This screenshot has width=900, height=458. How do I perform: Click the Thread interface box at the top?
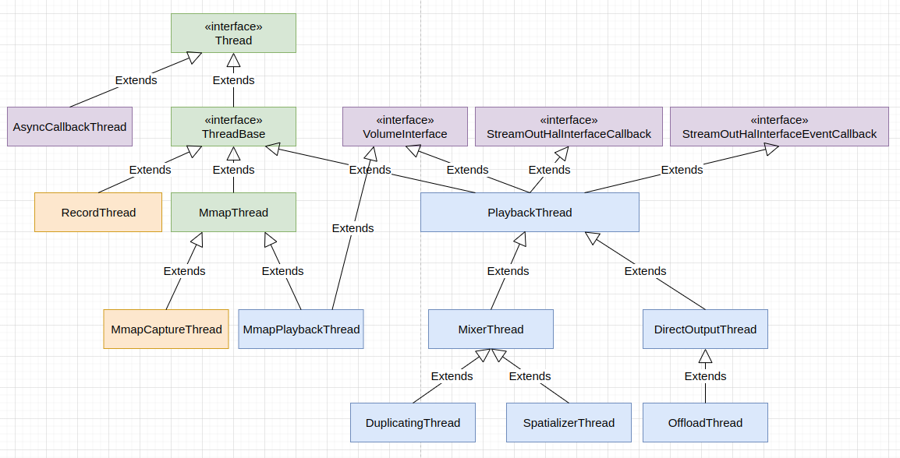[233, 33]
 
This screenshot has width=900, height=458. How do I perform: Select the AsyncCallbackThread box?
[69, 126]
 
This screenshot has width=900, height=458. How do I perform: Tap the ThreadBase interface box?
[233, 126]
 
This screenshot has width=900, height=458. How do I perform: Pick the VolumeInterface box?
[405, 126]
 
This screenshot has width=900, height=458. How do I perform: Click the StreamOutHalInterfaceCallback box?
[569, 126]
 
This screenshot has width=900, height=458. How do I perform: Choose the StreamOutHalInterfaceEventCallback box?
[779, 126]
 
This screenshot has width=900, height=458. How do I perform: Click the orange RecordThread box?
[98, 213]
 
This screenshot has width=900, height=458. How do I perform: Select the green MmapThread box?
[233, 213]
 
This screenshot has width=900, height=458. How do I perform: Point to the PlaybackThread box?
[530, 213]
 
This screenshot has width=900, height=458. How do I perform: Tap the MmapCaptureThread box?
[166, 329]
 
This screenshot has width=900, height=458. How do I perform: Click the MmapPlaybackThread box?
[301, 329]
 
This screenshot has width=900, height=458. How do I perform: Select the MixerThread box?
[491, 329]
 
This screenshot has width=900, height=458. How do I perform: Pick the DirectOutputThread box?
[705, 329]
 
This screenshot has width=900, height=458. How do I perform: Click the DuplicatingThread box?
[413, 422]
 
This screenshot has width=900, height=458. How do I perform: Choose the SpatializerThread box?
[569, 422]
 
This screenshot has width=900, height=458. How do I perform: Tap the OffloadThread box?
[705, 422]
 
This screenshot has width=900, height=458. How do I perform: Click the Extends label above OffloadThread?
[705, 376]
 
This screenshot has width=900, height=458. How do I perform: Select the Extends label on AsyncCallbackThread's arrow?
[136, 80]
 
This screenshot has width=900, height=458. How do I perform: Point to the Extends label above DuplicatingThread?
[452, 376]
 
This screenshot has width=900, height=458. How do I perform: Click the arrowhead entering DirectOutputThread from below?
[705, 357]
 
